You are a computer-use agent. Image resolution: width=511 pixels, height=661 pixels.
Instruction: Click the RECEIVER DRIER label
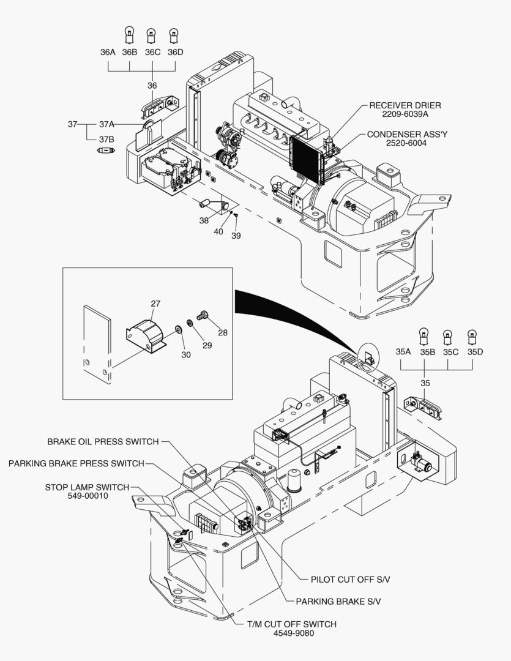click(x=405, y=105)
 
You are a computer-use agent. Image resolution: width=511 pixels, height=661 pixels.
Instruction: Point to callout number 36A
click(x=108, y=52)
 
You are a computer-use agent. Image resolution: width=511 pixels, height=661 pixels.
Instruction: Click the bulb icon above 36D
click(x=174, y=33)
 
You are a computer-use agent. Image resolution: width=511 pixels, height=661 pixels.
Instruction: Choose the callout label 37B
click(x=107, y=139)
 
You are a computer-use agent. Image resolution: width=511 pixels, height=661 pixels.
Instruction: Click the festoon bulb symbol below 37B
click(x=106, y=150)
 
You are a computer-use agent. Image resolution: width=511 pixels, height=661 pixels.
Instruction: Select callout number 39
click(x=236, y=236)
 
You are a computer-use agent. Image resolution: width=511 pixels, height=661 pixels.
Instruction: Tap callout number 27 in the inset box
click(x=155, y=303)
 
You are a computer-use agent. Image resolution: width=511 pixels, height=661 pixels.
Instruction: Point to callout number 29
click(x=207, y=346)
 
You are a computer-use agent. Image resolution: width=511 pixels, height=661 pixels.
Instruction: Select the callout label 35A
click(x=403, y=352)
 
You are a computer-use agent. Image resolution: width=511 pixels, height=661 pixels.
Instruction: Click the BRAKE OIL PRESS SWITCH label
click(x=103, y=441)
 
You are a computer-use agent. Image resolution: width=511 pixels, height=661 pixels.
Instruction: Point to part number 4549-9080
click(x=293, y=633)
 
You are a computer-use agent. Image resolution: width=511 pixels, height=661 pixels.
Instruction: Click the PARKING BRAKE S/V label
click(x=338, y=601)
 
